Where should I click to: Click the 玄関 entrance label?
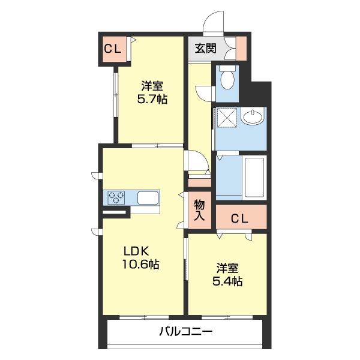(205, 49)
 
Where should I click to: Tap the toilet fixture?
(227, 77)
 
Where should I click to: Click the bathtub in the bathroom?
(254, 178)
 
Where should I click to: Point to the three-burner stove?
(116, 197)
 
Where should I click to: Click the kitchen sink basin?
(148, 197)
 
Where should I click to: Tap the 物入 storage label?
(199, 211)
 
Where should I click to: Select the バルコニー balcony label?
(186, 332)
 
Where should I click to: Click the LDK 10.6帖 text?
(140, 257)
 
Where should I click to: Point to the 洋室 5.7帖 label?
(152, 92)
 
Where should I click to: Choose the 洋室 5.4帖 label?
(227, 274)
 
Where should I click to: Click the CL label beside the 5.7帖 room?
(113, 49)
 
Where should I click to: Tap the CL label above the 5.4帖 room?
(239, 218)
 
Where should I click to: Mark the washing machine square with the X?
(227, 118)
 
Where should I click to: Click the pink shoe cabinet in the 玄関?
(241, 49)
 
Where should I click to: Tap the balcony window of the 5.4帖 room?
(227, 317)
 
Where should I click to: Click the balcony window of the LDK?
(144, 317)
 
